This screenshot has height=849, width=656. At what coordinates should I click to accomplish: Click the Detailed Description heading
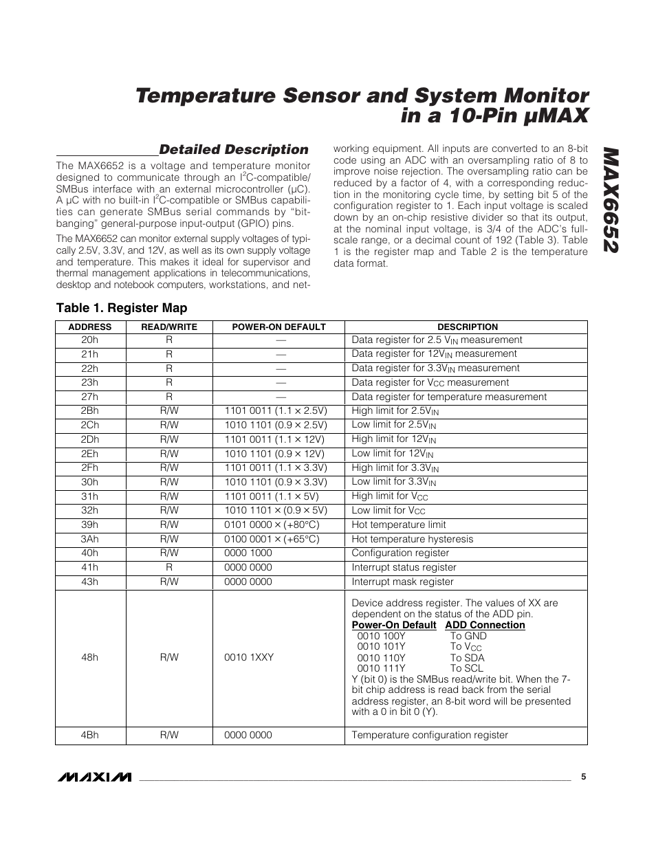(x=234, y=149)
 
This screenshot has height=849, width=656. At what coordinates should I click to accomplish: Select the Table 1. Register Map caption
(x=121, y=307)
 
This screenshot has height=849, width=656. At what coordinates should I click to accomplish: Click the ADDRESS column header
(x=90, y=327)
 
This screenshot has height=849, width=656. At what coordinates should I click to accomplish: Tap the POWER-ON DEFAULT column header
(x=278, y=327)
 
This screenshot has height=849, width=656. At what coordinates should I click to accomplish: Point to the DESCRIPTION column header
(x=467, y=327)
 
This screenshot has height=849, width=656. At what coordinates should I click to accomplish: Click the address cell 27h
(x=89, y=397)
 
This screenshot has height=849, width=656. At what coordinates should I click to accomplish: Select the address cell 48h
(x=89, y=657)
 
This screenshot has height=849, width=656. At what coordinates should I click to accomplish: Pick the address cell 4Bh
(x=89, y=735)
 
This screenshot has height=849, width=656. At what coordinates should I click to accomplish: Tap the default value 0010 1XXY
(x=249, y=657)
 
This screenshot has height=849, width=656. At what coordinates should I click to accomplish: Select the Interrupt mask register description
(x=402, y=582)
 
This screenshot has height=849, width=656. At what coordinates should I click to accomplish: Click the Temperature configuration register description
(x=430, y=735)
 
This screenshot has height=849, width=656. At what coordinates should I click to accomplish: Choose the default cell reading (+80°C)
(x=272, y=525)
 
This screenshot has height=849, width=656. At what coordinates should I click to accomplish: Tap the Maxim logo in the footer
(x=94, y=777)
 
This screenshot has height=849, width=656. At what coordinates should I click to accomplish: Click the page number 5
(x=583, y=777)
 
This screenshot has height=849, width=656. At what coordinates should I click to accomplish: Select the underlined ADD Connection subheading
(x=485, y=625)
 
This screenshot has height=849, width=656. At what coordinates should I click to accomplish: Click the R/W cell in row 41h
(x=169, y=567)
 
